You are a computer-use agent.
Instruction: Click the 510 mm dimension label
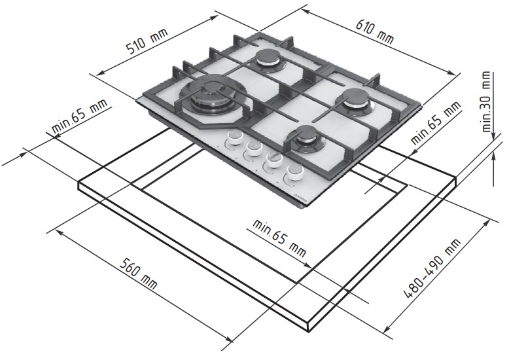pos(147,42)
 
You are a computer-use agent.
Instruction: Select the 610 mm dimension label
pos(375,31)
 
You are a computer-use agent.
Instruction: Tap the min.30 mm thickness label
pos(486,101)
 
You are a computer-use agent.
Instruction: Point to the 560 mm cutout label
pos(138,274)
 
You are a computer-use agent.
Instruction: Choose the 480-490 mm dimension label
pos(432,268)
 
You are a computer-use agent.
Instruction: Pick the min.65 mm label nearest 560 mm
pos(279,238)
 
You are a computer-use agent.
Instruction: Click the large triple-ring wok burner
pos(210,94)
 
